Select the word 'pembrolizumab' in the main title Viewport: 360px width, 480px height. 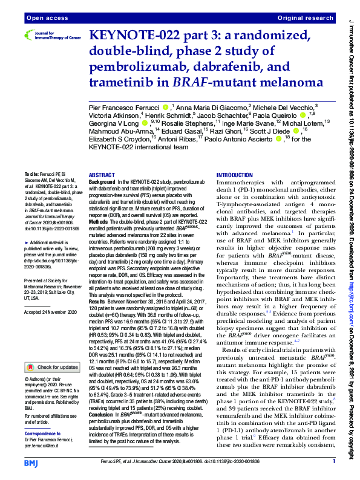point(134,66)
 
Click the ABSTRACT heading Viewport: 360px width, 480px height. point(102,174)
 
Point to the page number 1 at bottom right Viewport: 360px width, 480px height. point(334,461)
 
